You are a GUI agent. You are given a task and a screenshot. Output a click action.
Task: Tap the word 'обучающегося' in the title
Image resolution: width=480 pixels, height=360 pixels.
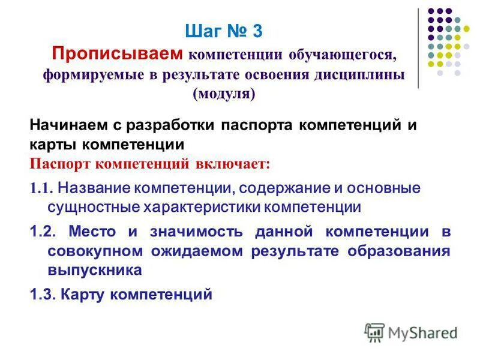[343, 55]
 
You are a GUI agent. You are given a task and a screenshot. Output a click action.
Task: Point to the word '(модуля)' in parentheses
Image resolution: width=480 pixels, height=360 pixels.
[224, 94]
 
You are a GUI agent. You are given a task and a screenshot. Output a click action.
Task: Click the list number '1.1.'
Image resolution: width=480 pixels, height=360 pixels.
[42, 188]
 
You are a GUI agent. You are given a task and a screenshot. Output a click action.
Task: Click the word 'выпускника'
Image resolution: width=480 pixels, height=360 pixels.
[95, 270]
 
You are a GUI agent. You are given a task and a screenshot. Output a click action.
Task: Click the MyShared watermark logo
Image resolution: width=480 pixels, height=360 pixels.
[411, 331]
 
